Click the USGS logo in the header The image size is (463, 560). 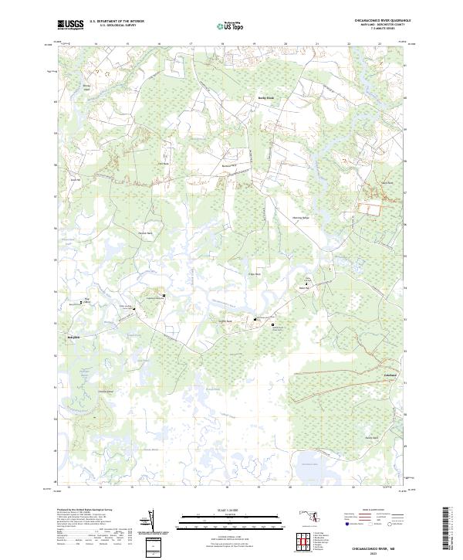(70, 25)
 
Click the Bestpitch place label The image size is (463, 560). (73, 338)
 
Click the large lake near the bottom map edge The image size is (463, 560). (309, 465)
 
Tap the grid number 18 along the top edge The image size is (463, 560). (222, 45)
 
